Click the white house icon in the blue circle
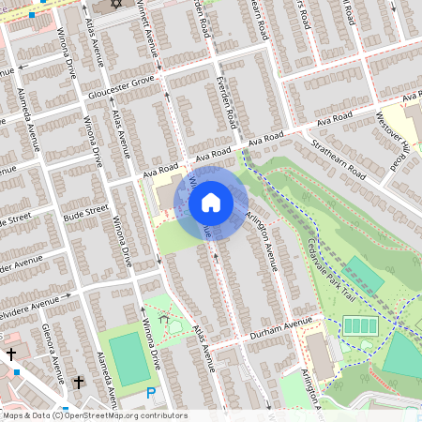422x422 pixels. click(x=211, y=203)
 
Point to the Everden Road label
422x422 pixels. click(x=225, y=101)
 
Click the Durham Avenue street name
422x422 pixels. click(x=279, y=328)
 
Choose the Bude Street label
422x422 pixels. click(x=73, y=215)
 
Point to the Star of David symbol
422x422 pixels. click(x=115, y=5)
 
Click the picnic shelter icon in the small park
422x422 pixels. click(x=166, y=320)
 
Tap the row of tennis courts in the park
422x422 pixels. click(x=360, y=326)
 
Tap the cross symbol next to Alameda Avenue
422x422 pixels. click(x=79, y=383)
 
